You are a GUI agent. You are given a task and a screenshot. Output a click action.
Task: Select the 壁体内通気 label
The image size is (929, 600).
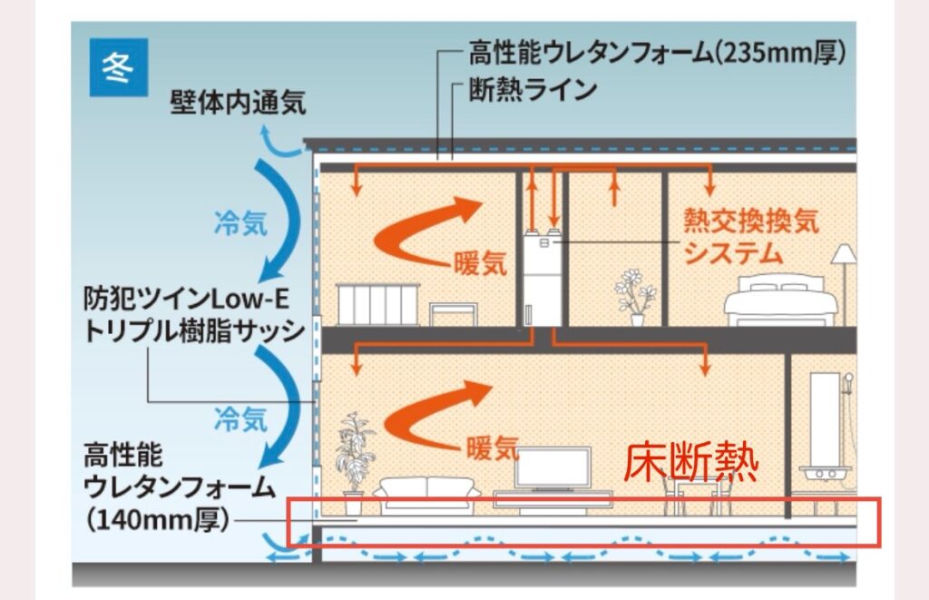tap(238, 103)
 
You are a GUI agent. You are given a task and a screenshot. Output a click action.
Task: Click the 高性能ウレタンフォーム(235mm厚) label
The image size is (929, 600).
tap(658, 53)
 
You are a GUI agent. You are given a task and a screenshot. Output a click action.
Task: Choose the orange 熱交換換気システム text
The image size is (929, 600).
tap(750, 237)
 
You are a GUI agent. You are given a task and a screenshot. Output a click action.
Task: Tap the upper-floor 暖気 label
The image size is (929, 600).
tap(480, 264)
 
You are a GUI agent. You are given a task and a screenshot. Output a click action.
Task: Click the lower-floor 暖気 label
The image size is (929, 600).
tap(493, 448)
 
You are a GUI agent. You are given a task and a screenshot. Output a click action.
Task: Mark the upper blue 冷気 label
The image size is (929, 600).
tap(240, 224)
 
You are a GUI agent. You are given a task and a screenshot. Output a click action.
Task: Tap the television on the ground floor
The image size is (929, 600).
tap(553, 469)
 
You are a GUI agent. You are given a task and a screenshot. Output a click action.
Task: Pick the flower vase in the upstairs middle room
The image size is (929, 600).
tap(637, 295)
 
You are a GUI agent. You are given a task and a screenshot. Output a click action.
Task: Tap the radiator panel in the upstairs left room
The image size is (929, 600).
tap(375, 304)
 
